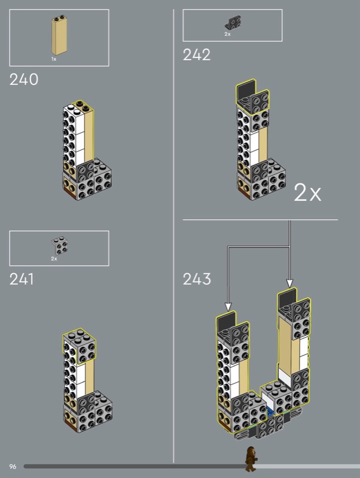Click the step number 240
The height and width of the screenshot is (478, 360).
tap(24, 79)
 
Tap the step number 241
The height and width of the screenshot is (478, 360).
tap(22, 279)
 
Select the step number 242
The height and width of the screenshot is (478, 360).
tap(197, 55)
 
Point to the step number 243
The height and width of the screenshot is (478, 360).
tap(197, 279)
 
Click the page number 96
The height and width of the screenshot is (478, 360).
tap(13, 466)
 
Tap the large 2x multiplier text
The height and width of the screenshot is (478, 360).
tap(307, 192)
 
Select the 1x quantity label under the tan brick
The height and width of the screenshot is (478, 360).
tap(53, 60)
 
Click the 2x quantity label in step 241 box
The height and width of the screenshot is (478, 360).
tap(54, 259)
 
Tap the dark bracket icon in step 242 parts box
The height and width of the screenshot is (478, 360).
tap(231, 23)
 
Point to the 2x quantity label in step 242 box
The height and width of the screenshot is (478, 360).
tap(227, 34)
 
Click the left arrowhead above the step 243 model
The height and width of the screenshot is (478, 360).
tap(228, 307)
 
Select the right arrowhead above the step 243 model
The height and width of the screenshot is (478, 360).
tap(290, 284)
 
